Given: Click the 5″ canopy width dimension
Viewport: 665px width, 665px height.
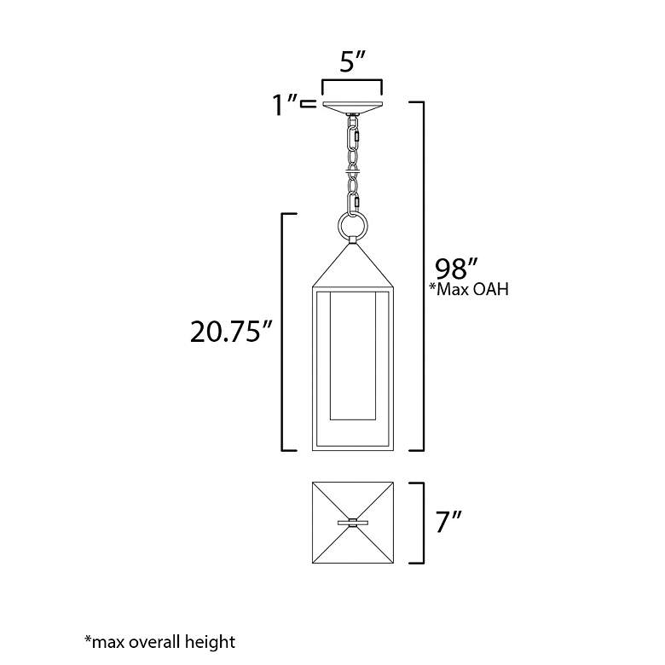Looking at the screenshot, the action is pos(352,61).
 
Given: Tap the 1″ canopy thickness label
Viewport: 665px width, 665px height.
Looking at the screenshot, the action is pos(285,104).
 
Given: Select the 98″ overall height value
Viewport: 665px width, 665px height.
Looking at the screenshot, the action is pos(457,268).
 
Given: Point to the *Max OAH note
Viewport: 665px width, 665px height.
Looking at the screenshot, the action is pos(469,289).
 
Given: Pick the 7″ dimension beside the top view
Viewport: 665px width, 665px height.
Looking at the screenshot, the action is pos(448,521).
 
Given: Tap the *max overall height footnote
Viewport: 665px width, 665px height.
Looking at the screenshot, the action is pos(160,642).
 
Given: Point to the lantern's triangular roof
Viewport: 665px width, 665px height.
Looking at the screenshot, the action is pos(353,266).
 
